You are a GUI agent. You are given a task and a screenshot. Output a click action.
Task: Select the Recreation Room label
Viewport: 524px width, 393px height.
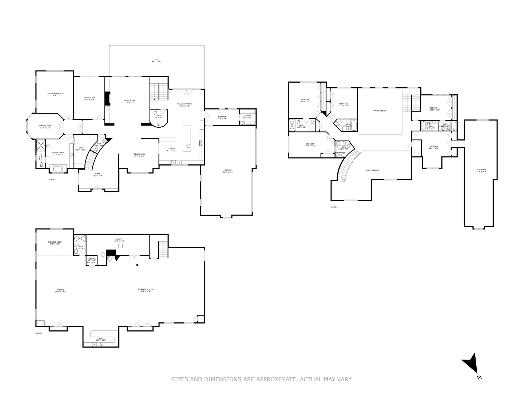click(x=146, y=290)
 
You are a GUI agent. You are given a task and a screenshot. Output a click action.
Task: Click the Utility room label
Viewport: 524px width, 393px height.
click(x=119, y=240)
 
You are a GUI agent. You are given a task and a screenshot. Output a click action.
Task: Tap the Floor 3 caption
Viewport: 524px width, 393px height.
click(x=334, y=207)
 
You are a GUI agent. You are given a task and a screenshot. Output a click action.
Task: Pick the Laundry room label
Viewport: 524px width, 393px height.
click(x=247, y=116)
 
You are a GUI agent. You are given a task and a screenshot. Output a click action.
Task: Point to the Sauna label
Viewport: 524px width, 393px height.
click(x=92, y=259)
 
